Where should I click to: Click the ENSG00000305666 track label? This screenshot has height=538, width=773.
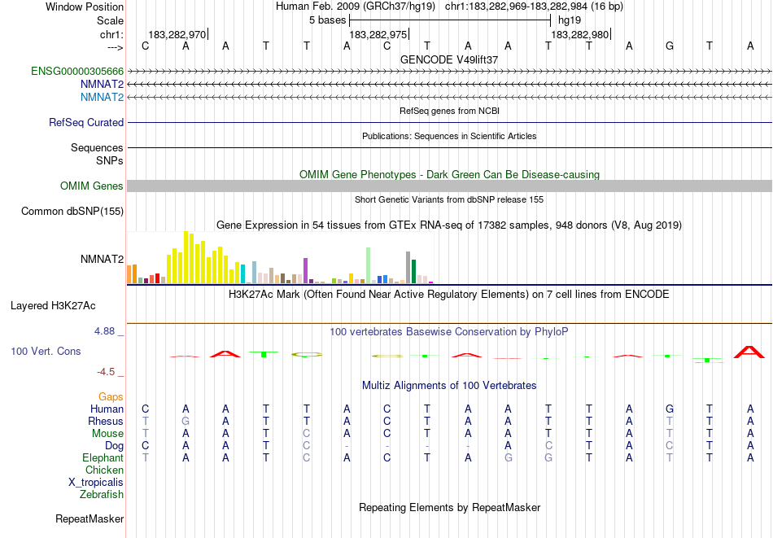pyautogui.click(x=77, y=72)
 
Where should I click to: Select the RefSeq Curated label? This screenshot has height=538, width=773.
pyautogui.click(x=86, y=123)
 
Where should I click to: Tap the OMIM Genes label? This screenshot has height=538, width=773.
pyautogui.click(x=92, y=186)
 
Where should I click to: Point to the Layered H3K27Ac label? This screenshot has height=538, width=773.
pyautogui.click(x=53, y=306)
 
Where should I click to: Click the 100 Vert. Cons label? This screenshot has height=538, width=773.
pyautogui.click(x=46, y=352)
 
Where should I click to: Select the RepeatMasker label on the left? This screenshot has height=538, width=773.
pyautogui.click(x=90, y=518)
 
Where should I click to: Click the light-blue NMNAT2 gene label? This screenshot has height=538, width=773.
pyautogui.click(x=102, y=98)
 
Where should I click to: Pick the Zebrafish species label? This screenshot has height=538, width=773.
pyautogui.click(x=102, y=494)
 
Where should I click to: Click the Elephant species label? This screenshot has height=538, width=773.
pyautogui.click(x=103, y=458)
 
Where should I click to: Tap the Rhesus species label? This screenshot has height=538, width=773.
pyautogui.click(x=106, y=422)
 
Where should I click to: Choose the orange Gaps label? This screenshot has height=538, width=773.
pyautogui.click(x=111, y=397)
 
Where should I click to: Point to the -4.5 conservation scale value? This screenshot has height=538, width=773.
pyautogui.click(x=107, y=372)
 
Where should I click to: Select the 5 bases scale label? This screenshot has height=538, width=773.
pyautogui.click(x=327, y=20)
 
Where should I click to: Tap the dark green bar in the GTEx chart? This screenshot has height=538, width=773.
pyautogui.click(x=413, y=271)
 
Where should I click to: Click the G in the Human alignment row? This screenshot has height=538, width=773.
pyautogui.click(x=670, y=409)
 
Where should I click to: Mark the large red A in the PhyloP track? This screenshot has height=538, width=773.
pyautogui.click(x=749, y=352)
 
